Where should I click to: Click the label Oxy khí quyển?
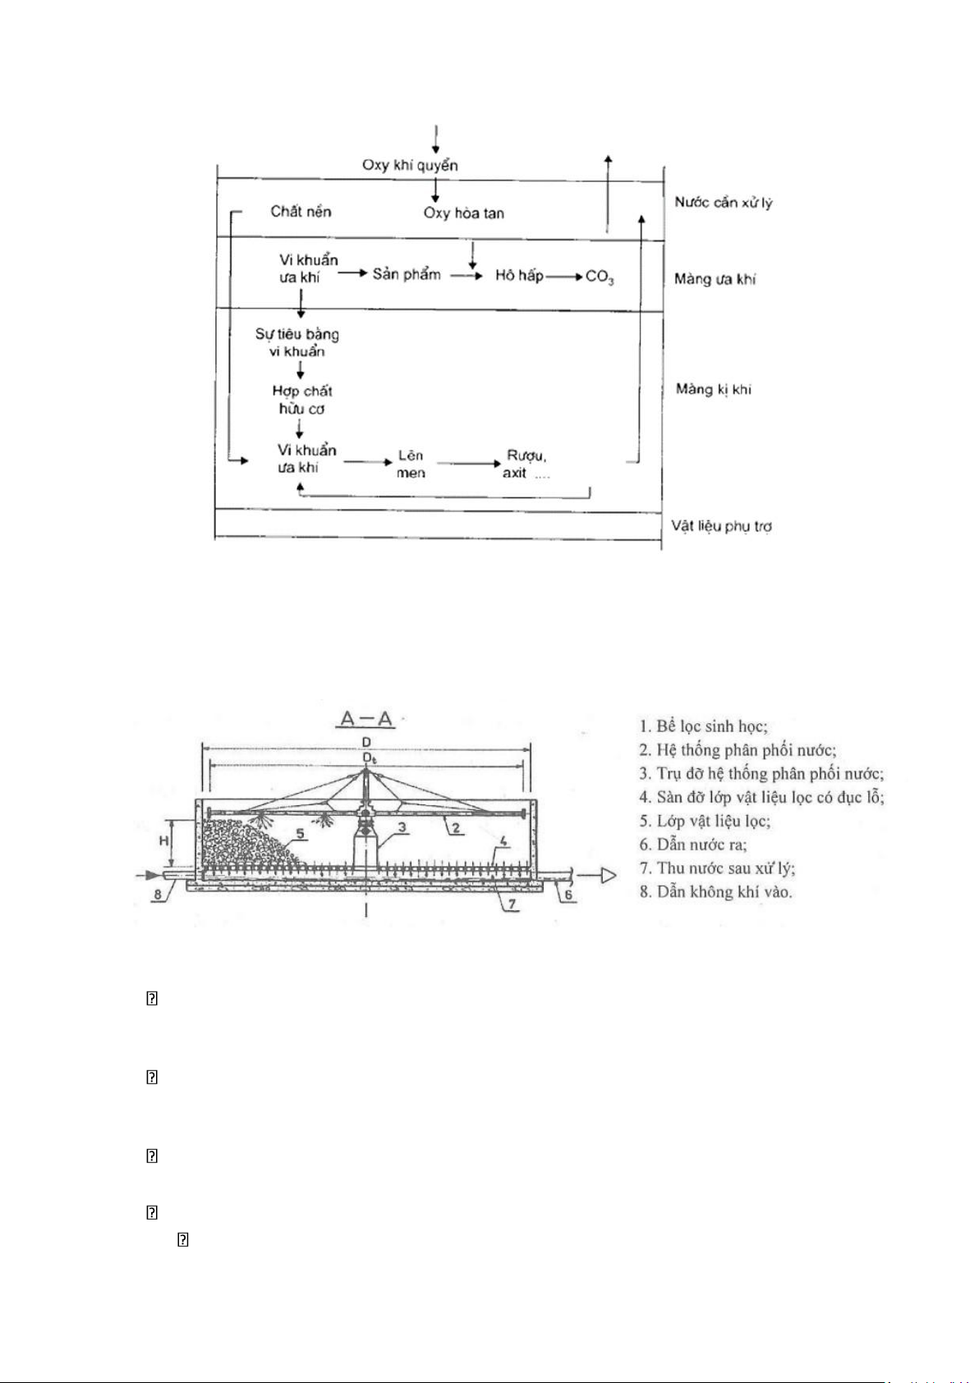[410, 165]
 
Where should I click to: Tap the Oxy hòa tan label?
[463, 213]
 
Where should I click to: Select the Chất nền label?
[301, 211]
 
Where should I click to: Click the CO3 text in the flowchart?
[600, 277]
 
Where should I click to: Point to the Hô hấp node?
[519, 276]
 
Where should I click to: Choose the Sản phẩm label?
[407, 274]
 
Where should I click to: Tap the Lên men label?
[411, 464]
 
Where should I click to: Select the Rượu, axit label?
[526, 464]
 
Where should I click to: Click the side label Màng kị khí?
[713, 389]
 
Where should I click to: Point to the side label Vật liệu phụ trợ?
[721, 525]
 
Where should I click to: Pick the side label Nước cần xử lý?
[723, 202]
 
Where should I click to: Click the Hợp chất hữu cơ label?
[301, 400]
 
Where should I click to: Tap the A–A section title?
[366, 720]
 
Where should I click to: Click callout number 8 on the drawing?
[158, 895]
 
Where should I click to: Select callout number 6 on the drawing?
[568, 895]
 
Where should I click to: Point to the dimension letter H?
[163, 840]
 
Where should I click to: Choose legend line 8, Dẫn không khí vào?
[715, 891]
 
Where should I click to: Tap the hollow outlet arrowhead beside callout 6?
[608, 876]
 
